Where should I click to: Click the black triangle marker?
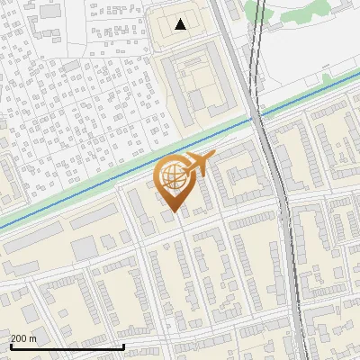(181, 24)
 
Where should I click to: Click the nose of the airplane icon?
(213, 157)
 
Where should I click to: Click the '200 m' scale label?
(23, 338)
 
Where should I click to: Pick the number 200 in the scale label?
(19, 338)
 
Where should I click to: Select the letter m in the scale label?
(33, 339)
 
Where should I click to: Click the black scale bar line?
(67, 347)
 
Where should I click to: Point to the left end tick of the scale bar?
(10, 345)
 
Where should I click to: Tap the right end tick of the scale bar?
(123, 345)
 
